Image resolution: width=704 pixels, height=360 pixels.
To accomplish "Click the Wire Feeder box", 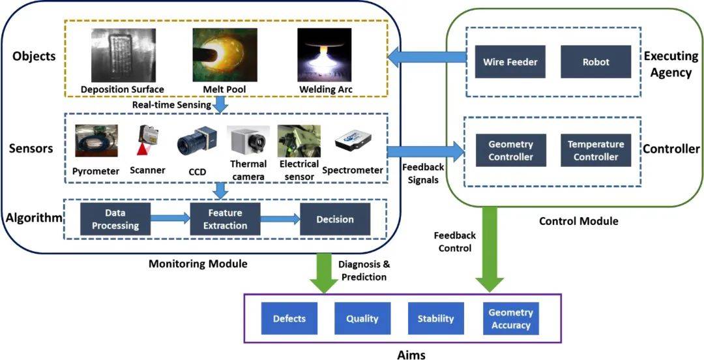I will (510, 62).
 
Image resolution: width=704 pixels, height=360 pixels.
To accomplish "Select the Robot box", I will (596, 62).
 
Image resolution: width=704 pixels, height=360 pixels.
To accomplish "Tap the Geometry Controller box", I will (510, 150).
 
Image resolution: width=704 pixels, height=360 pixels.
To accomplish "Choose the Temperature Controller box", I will (595, 150).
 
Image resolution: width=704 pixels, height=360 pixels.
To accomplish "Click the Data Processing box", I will (115, 219).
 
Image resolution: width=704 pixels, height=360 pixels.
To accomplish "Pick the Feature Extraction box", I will (224, 219).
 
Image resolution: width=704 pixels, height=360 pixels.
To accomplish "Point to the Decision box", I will (334, 219).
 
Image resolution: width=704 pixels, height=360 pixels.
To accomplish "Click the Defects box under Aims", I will (289, 319).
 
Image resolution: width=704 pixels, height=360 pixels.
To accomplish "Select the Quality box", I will (362, 319).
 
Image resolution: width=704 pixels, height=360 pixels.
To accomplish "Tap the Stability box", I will (435, 319).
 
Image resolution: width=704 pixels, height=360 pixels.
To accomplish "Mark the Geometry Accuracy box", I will (511, 319).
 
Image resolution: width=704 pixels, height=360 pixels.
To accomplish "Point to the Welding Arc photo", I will (324, 55).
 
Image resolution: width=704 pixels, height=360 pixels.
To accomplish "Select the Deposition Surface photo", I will (123, 55).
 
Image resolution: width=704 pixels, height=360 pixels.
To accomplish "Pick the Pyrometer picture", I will (96, 142).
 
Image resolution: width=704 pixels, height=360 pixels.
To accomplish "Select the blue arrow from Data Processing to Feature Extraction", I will (169, 219).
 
